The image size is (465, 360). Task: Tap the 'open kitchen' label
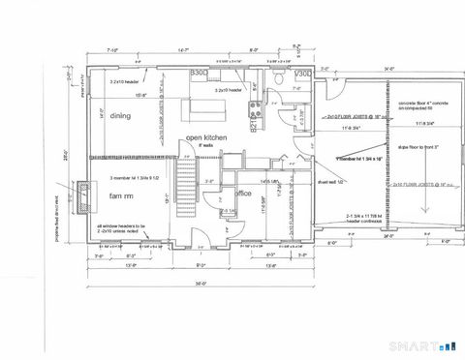coord(206,138)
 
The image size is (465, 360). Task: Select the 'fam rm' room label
coord(120,196)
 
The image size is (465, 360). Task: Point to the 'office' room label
coord(244,193)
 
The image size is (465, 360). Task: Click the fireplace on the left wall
coord(84,196)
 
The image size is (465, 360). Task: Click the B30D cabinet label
coord(200,73)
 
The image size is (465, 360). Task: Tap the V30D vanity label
coord(302,74)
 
